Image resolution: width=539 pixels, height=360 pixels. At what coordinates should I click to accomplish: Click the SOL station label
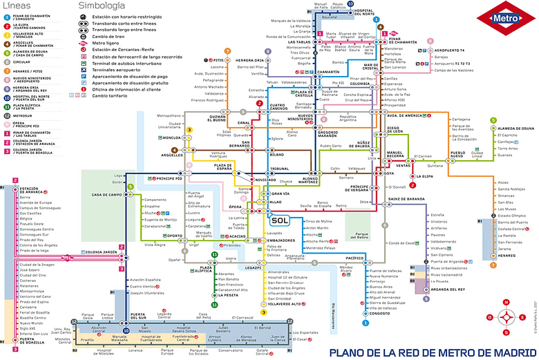tap(279, 221)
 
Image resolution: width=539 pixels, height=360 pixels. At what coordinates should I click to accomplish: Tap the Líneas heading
tap(17, 6)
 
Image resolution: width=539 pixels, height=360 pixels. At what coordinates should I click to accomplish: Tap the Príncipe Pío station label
tap(169, 179)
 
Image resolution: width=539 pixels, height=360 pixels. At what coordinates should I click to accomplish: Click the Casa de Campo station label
tap(106, 195)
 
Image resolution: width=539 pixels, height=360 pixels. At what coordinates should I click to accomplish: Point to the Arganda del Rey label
tap(450, 290)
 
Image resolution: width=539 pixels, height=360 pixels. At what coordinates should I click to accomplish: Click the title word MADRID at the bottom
tap(504, 353)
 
